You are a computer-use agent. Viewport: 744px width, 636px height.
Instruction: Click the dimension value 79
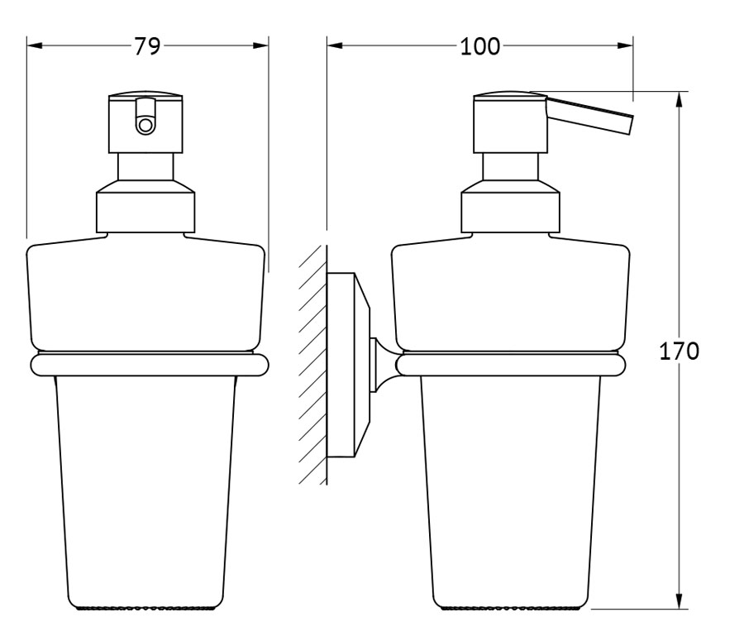coord(147,46)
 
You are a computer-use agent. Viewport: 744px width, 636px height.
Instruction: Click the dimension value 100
coord(479,46)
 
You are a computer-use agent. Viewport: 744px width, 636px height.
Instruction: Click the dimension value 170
coord(680,351)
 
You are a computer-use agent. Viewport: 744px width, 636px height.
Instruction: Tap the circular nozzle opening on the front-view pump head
coord(145,126)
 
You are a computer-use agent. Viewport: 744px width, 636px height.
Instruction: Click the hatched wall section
coord(313,365)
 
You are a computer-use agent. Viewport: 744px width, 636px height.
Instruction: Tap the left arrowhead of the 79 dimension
coord(35,46)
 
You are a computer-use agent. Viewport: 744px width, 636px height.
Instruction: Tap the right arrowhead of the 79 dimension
coord(260,46)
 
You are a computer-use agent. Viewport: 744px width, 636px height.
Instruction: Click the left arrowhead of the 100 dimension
coord(335,46)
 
